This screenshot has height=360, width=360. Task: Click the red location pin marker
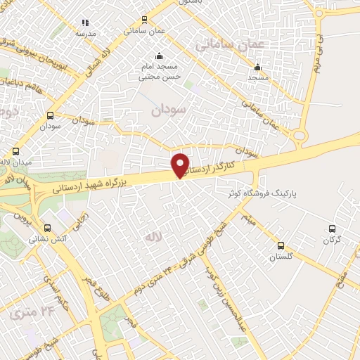click(181, 165)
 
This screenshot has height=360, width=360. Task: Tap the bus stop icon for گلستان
click(281, 245)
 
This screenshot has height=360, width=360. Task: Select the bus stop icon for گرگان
click(333, 229)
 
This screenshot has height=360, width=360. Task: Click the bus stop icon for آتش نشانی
click(48, 228)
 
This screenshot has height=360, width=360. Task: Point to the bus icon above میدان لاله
click(16, 151)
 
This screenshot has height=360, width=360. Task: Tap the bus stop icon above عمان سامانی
click(145, 20)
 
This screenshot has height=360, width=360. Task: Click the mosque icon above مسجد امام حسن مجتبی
click(159, 56)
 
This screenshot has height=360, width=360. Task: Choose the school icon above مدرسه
click(86, 22)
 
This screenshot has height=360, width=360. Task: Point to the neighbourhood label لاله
click(154, 239)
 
